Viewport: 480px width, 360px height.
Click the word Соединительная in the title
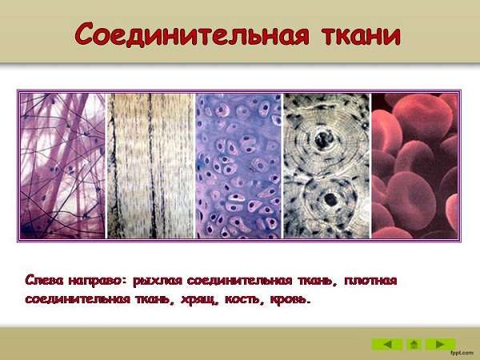tap(192, 34)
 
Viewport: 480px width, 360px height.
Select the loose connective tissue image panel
tap(62, 166)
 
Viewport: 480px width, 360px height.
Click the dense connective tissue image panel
tap(150, 166)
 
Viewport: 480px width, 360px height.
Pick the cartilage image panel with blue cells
tap(238, 166)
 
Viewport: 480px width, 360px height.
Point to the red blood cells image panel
tap(414, 166)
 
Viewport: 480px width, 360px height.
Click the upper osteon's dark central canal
tap(324, 139)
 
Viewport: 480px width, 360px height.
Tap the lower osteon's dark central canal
tap(330, 200)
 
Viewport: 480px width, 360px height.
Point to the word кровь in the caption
tap(290, 299)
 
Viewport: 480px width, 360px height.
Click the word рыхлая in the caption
tap(158, 281)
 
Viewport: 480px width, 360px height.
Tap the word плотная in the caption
tap(370, 281)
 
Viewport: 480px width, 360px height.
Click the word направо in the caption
tap(98, 281)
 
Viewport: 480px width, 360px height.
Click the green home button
tap(414, 344)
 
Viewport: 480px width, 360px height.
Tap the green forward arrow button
tap(441, 344)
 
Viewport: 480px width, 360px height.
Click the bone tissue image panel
tap(326, 166)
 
